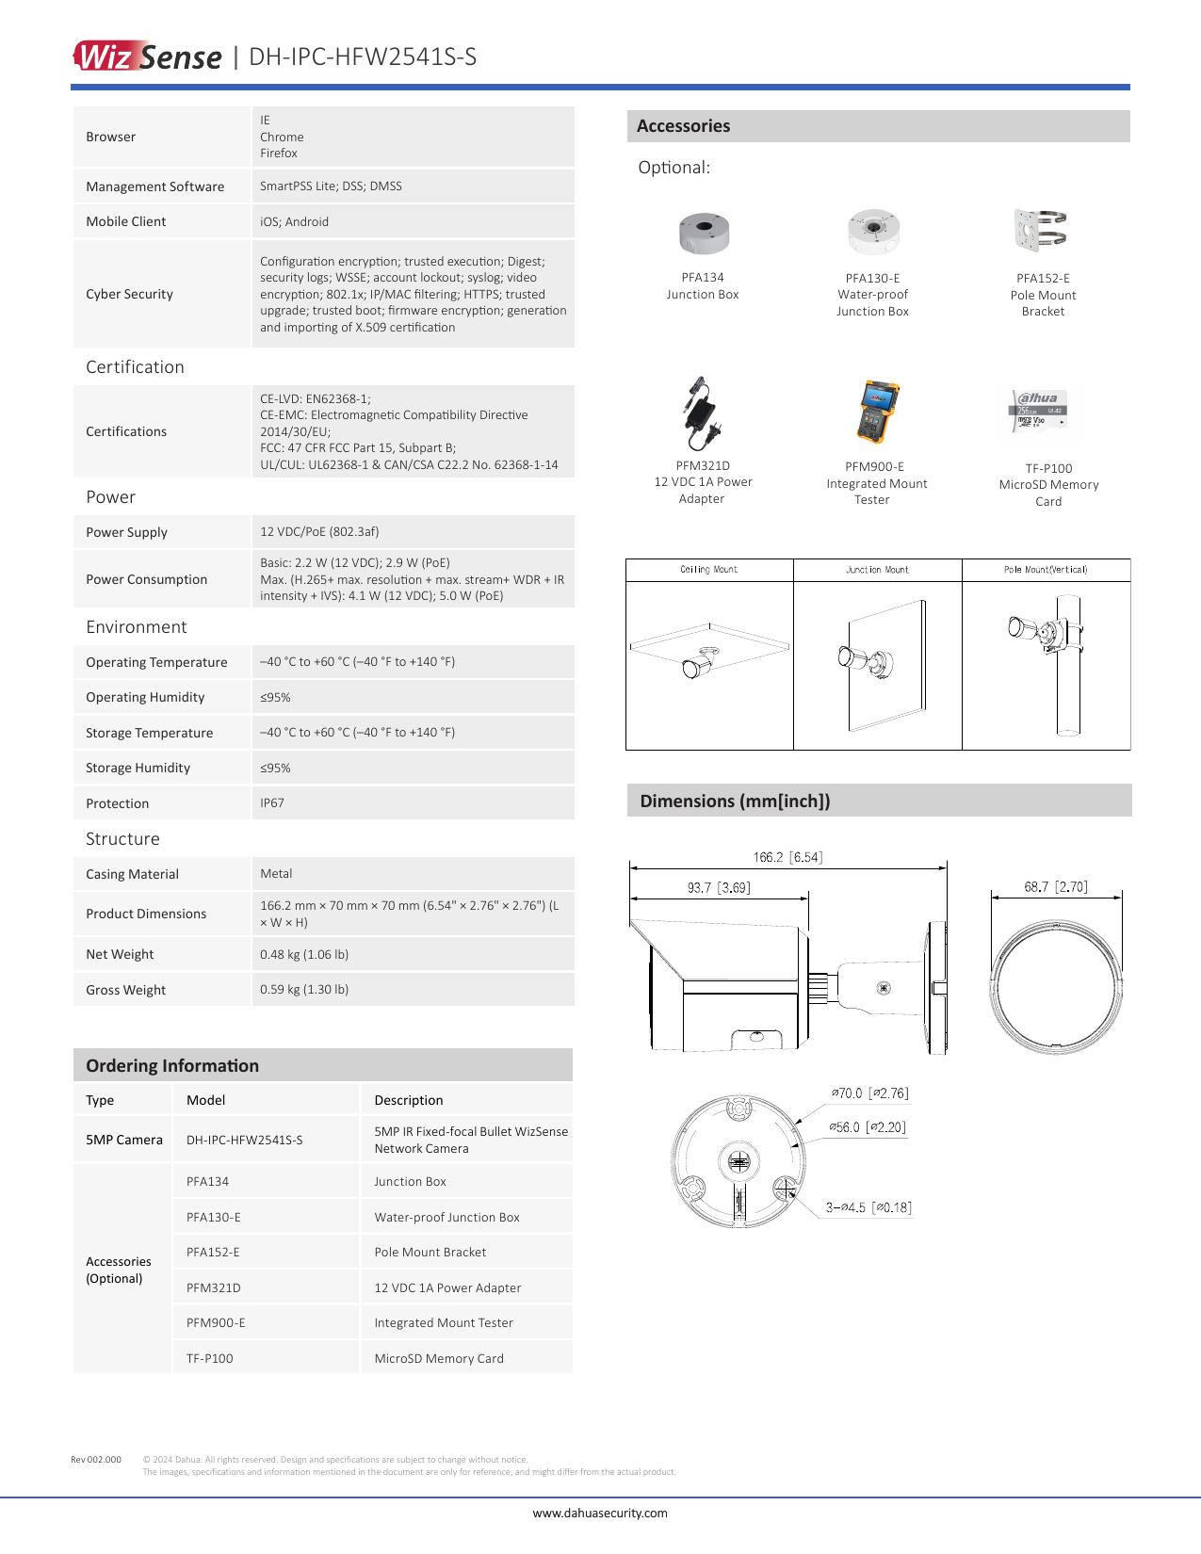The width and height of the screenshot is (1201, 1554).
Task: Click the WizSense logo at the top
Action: click(147, 57)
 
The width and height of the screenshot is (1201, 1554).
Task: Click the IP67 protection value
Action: click(272, 803)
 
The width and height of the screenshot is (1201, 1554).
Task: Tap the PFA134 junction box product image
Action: click(703, 233)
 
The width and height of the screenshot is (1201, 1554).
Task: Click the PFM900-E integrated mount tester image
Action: click(877, 413)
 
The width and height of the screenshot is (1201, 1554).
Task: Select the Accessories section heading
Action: click(683, 126)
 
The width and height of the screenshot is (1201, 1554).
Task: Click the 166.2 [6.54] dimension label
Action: click(787, 857)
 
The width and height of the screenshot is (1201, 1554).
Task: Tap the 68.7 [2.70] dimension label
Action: click(1056, 886)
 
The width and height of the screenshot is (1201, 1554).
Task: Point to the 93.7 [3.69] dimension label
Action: click(719, 887)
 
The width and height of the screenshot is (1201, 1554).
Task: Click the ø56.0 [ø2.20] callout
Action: click(868, 1127)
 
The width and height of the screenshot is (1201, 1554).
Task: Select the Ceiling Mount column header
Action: click(709, 570)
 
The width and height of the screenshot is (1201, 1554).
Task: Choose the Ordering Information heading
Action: click(172, 1065)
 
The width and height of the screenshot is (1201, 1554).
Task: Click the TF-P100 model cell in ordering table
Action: click(210, 1358)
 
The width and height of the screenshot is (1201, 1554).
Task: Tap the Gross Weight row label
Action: click(125, 990)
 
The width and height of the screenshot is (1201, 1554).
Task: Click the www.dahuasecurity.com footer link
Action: click(600, 1513)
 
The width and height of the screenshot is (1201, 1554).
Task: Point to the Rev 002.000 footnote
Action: click(96, 1460)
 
